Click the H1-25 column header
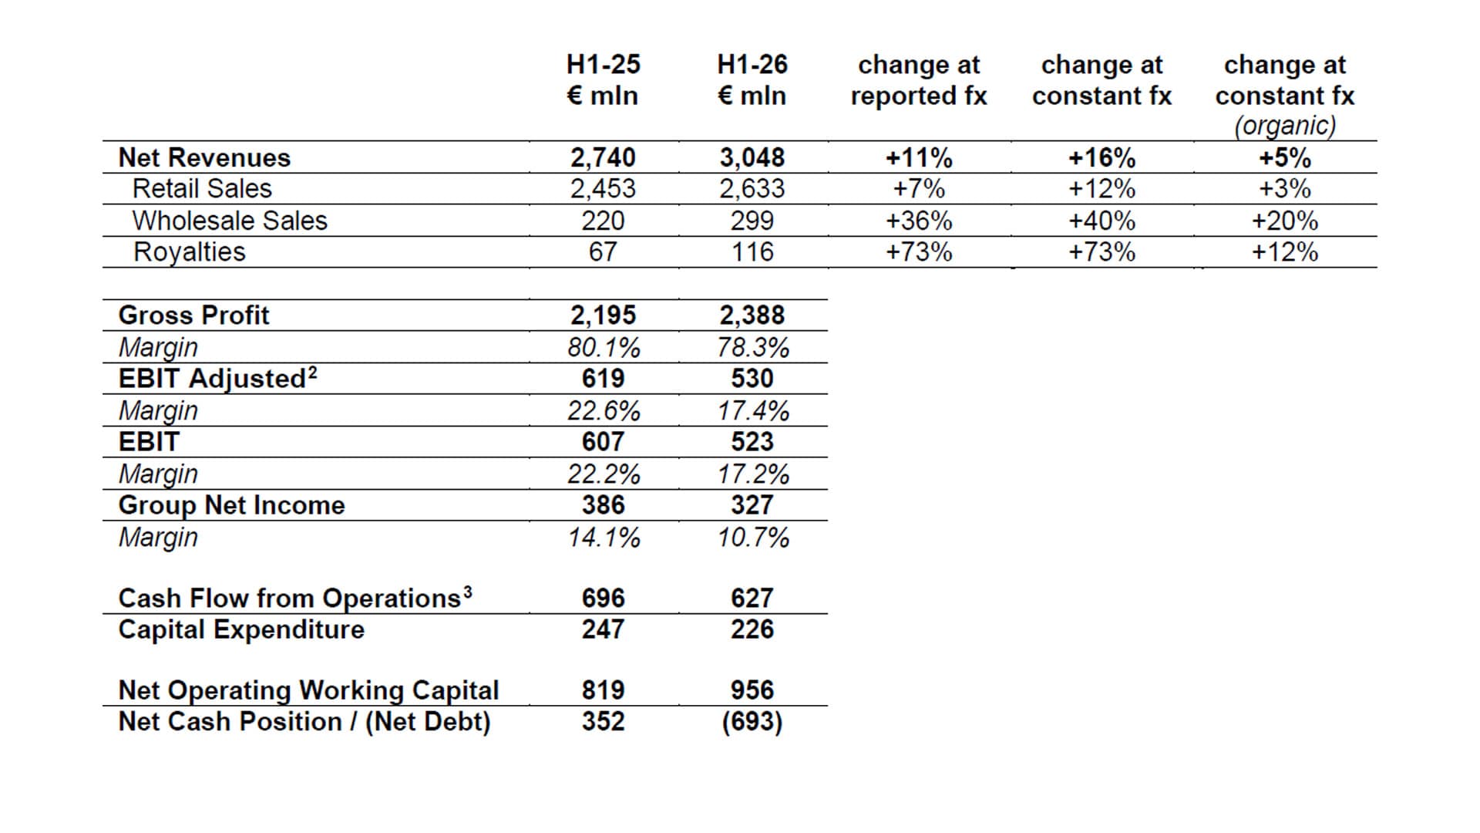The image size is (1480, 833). [x=603, y=80]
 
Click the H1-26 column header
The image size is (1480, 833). [x=752, y=80]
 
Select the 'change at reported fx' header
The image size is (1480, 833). [x=919, y=80]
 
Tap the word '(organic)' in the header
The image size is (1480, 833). [x=1285, y=126]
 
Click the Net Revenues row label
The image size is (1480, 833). [x=204, y=157]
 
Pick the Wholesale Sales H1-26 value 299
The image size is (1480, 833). [x=752, y=221]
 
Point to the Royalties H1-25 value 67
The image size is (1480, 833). [x=603, y=252]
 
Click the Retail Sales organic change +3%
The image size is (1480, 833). [x=1285, y=189]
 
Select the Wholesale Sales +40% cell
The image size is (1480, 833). [x=1102, y=221]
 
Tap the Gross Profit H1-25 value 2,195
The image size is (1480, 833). [x=603, y=315]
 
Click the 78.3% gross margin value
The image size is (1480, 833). [x=753, y=347]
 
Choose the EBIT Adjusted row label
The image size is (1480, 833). [x=217, y=378]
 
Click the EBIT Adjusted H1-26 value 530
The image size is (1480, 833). [x=752, y=379]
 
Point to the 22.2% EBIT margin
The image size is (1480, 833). [x=604, y=474]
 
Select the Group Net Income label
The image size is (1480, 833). [x=231, y=505]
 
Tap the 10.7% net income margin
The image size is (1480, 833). [x=753, y=537]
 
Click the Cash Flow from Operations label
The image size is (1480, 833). [x=295, y=598]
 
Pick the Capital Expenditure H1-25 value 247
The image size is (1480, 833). [x=603, y=629]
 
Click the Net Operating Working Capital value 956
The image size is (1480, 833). [x=752, y=690]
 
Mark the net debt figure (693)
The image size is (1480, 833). [x=752, y=722]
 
